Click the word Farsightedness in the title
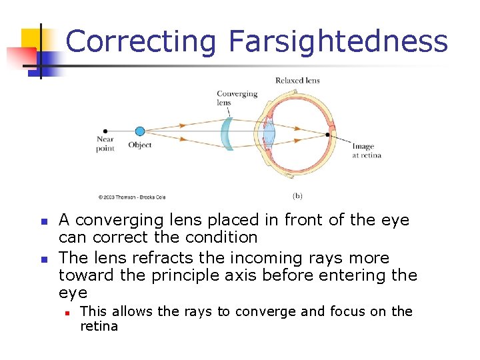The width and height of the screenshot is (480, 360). click(338, 41)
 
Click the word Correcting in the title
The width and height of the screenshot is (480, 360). click(141, 41)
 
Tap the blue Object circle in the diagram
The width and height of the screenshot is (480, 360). click(139, 131)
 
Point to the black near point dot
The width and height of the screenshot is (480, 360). click(105, 131)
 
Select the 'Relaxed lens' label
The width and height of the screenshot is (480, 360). click(297, 81)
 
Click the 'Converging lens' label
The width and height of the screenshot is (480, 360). click(237, 97)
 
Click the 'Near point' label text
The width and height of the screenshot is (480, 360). click(105, 145)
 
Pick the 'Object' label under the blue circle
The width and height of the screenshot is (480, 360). click(140, 145)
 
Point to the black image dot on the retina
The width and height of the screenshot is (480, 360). click(327, 135)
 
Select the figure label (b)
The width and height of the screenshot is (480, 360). click(297, 196)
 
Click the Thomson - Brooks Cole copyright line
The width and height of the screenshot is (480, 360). click(131, 197)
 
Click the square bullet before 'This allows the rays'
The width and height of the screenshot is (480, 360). click(67, 312)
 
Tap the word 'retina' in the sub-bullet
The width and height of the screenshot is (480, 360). click(99, 327)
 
